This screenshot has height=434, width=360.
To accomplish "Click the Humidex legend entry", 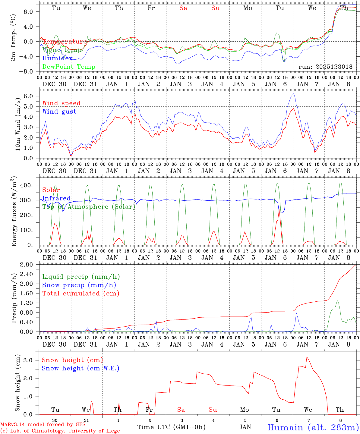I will click(x=57, y=58).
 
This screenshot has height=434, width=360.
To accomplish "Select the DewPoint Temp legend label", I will click(x=69, y=67).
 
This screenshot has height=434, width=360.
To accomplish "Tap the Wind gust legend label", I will click(x=59, y=112).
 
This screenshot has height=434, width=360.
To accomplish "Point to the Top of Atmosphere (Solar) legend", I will click(x=88, y=207).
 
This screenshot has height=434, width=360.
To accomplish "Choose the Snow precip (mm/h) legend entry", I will click(x=79, y=285).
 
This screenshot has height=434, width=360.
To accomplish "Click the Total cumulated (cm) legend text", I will click(x=81, y=294).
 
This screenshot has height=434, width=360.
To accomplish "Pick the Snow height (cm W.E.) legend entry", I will click(x=80, y=368).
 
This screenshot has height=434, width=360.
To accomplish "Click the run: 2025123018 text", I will click(x=325, y=67).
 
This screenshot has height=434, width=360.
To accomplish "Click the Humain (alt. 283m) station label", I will click(x=313, y=427).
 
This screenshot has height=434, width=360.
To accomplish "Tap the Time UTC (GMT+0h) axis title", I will click(x=171, y=427).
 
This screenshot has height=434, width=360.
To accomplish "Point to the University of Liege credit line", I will click(x=60, y=431).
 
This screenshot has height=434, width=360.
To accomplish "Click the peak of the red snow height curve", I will click(x=307, y=357).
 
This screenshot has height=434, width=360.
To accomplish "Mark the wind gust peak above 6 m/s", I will click(x=293, y=94).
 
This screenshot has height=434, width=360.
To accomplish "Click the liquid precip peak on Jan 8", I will click(x=337, y=300).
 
